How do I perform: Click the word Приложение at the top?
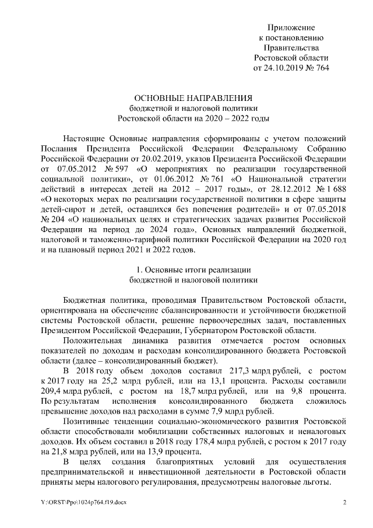tap(291, 27)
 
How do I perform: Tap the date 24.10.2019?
tap(284, 67)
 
